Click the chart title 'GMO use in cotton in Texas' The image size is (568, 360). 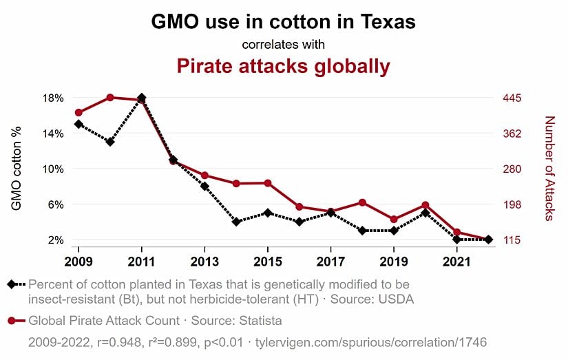pos(283,21)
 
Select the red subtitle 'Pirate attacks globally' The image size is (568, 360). pos(283,66)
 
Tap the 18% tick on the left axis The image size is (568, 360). pos(54,98)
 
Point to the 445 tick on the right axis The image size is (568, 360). pos(513,98)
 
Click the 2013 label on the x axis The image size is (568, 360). pos(204,262)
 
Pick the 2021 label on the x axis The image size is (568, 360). pos(457,262)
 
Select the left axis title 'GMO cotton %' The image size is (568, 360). pos(17,168)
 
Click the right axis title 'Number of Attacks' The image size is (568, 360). pos(549,168)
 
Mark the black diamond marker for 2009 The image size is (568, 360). pos(78,125)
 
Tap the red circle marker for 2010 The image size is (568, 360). pos(110,98)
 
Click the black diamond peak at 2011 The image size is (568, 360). pos(142,98)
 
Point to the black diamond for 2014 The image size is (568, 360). pos(236,222)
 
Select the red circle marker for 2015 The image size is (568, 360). pos(268,183)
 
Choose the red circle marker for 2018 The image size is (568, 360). pos(362,202)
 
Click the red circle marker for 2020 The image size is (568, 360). pos(425,205)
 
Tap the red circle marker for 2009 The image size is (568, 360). pos(78,112)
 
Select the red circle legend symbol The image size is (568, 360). pos(11,321)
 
